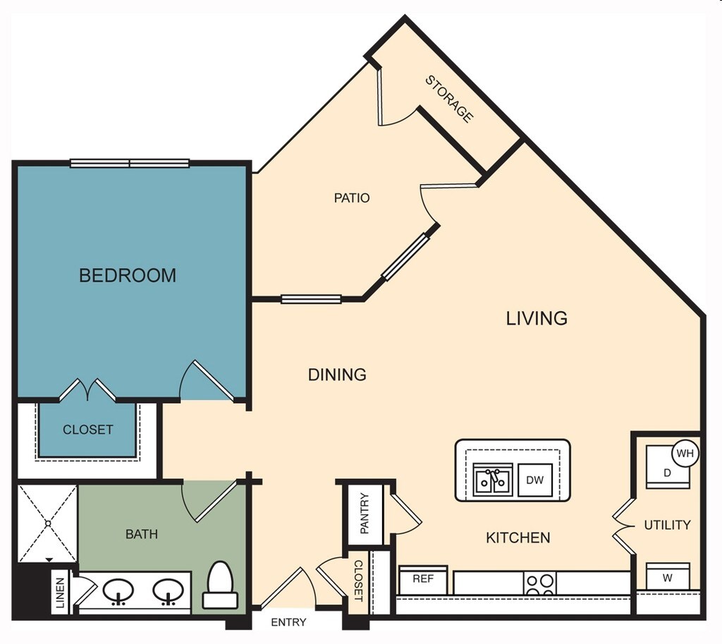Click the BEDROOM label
(128, 275)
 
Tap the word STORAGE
(448, 99)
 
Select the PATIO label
(352, 198)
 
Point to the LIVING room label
(537, 318)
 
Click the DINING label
(337, 375)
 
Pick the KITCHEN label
(518, 537)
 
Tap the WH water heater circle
(685, 453)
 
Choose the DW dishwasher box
(535, 480)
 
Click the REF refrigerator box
(423, 579)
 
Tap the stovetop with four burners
(540, 583)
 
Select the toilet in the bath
(220, 585)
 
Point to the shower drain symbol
(47, 523)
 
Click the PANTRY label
(365, 513)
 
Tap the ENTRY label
(289, 622)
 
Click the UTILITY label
(667, 525)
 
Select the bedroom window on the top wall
(130, 164)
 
